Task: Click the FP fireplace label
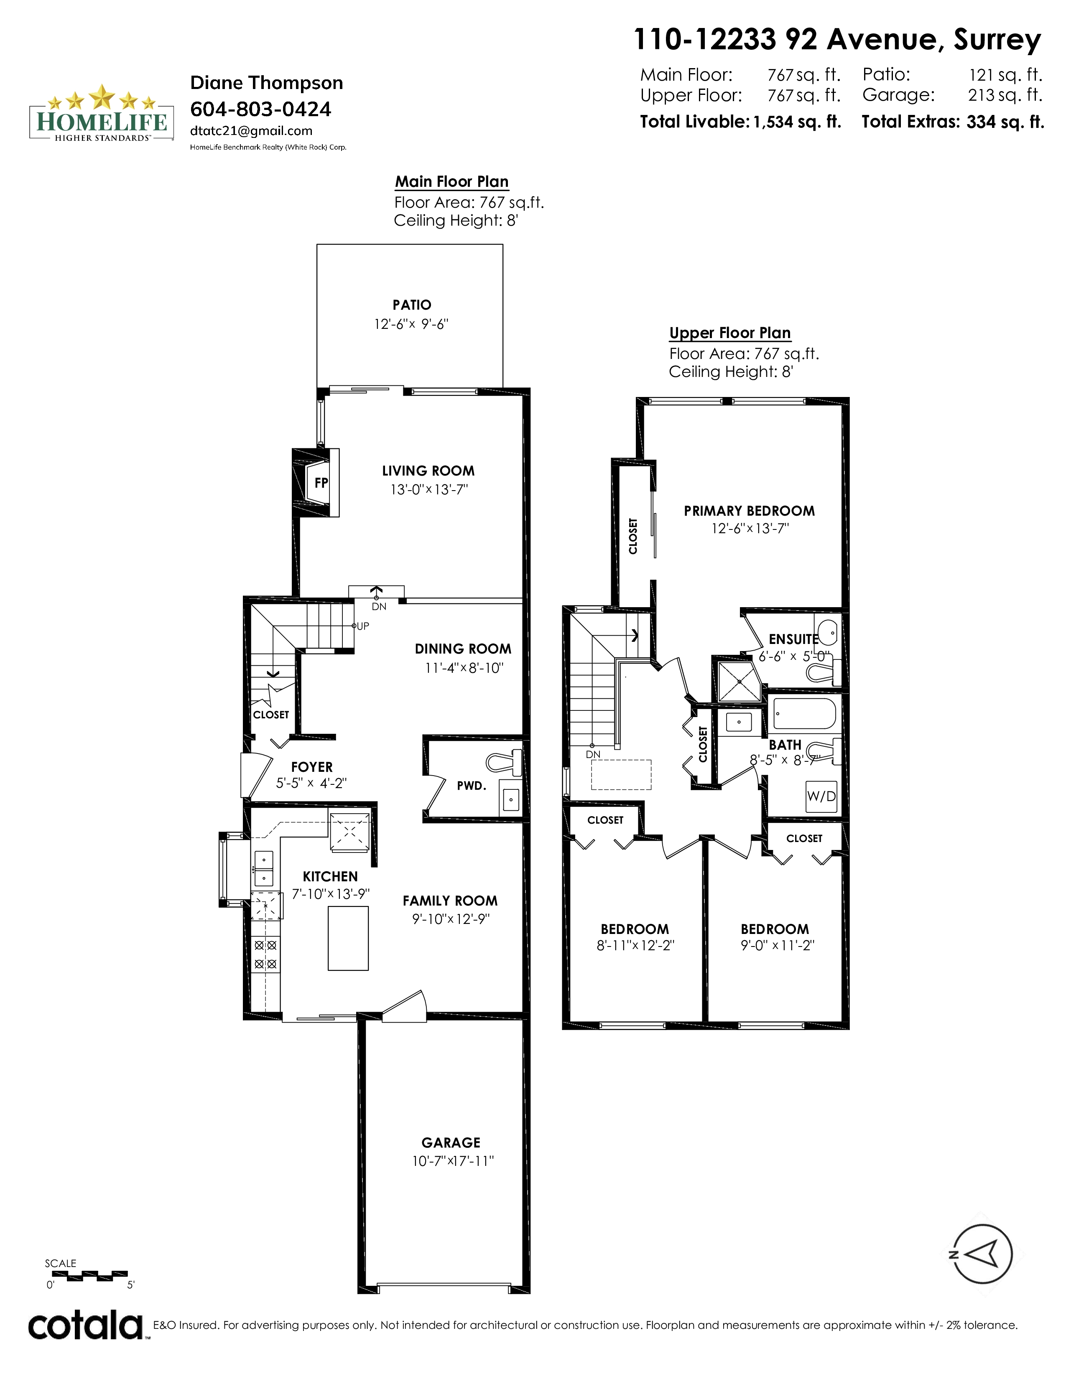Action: [321, 483]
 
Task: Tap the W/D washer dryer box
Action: [821, 796]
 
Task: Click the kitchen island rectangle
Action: [348, 938]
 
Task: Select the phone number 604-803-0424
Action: [261, 109]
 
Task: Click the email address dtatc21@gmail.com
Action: [251, 131]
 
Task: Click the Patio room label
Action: [412, 305]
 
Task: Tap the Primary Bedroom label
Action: [750, 511]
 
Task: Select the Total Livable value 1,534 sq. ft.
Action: [797, 122]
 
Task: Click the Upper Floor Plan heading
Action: [730, 333]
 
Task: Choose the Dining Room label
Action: [463, 649]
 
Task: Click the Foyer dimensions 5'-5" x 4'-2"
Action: [311, 784]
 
